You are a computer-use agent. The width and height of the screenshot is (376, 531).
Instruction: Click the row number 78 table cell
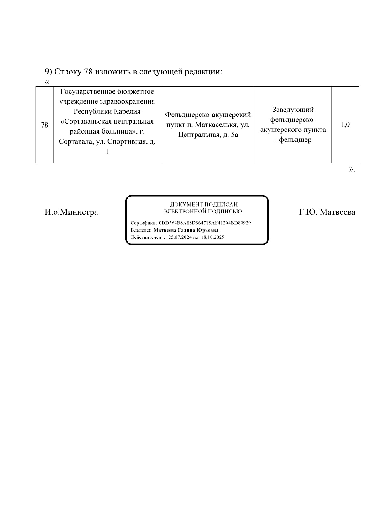tap(44, 125)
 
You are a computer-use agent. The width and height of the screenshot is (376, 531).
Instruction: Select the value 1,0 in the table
tap(345, 125)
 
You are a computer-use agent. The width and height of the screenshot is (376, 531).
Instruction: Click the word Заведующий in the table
tap(293, 110)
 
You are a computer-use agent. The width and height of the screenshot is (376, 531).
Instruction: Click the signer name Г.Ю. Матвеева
tap(327, 212)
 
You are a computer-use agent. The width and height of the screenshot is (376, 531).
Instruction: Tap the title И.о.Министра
tap(71, 212)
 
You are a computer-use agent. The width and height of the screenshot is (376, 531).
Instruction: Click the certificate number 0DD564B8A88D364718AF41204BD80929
tap(205, 223)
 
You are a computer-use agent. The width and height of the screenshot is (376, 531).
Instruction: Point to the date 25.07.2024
tap(180, 237)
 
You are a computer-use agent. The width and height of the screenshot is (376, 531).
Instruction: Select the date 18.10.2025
tap(212, 237)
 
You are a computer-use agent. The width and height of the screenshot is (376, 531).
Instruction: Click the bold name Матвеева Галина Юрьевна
tap(186, 230)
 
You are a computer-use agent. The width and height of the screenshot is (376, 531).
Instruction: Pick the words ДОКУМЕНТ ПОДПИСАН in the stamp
tap(204, 205)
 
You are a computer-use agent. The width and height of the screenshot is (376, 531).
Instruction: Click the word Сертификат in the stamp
tap(144, 223)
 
